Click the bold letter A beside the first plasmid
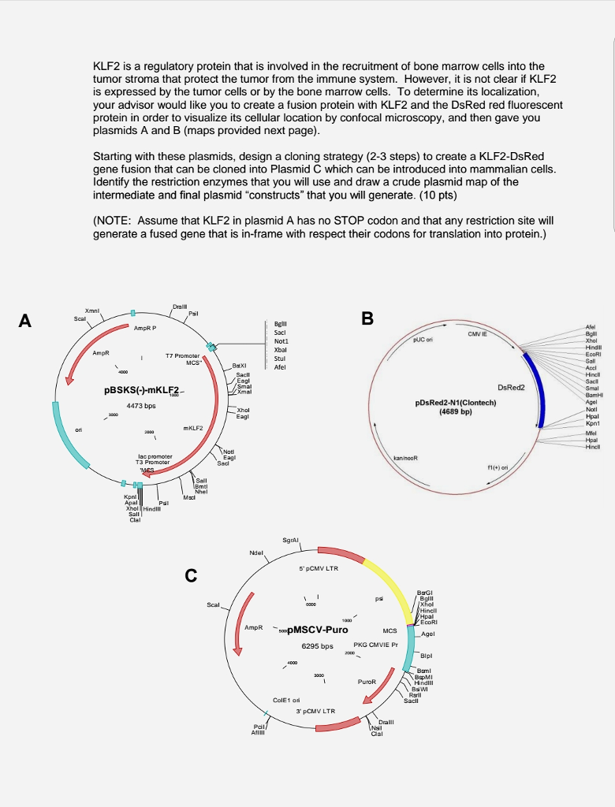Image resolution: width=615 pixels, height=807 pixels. [x=27, y=321]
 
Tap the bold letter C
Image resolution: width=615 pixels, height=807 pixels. [x=190, y=576]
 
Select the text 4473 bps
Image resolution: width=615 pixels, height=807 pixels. [x=131, y=407]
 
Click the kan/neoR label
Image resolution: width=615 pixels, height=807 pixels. [x=404, y=458]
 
